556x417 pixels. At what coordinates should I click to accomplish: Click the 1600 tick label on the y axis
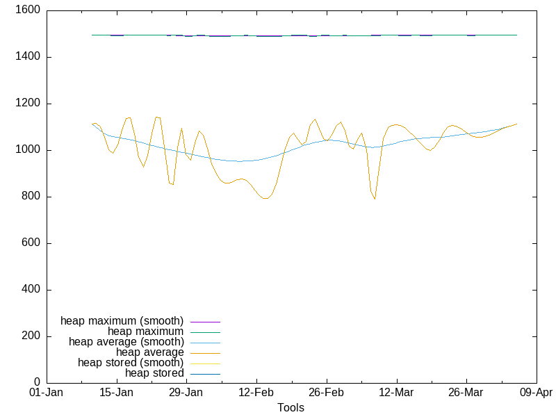click(27, 10)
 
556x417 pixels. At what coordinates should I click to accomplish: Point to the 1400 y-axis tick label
click(27, 57)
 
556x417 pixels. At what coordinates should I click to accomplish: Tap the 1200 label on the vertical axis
click(27, 104)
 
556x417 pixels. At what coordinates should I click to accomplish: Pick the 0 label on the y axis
click(38, 383)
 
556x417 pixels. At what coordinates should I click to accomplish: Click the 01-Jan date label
click(47, 393)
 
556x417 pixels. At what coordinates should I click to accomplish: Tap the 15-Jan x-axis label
click(116, 393)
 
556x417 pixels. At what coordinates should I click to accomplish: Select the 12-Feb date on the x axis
click(256, 393)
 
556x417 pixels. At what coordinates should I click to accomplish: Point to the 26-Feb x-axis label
click(326, 393)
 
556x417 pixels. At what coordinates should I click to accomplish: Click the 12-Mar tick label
click(396, 393)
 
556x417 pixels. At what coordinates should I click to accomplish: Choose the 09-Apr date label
click(536, 393)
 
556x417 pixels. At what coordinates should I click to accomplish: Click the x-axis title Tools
click(291, 407)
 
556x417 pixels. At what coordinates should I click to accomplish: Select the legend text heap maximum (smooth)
click(122, 321)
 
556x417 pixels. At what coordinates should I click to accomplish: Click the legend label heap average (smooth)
click(126, 342)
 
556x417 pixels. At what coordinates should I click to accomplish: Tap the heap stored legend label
click(154, 373)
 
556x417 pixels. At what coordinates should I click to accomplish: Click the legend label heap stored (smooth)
click(131, 363)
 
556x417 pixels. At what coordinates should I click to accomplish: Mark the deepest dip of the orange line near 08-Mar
click(375, 199)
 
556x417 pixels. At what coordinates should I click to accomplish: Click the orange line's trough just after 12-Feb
click(266, 198)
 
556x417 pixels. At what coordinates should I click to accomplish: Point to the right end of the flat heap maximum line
click(516, 35)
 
